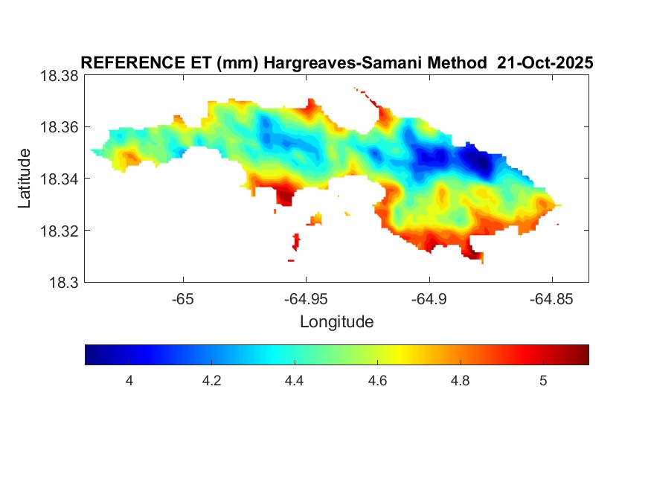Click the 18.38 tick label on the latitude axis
point(59,76)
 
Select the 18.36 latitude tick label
point(59,127)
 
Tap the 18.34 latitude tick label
point(59,179)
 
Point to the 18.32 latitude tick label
point(59,231)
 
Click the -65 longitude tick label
point(182,298)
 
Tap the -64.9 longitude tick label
point(428,298)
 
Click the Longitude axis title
point(336,322)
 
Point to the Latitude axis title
point(25,179)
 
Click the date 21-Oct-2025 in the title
point(545,63)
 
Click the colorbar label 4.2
point(212,381)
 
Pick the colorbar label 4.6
point(377,381)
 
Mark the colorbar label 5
point(543,381)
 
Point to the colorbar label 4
point(129,381)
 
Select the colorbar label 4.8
point(460,381)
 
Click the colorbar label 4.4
point(295,381)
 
